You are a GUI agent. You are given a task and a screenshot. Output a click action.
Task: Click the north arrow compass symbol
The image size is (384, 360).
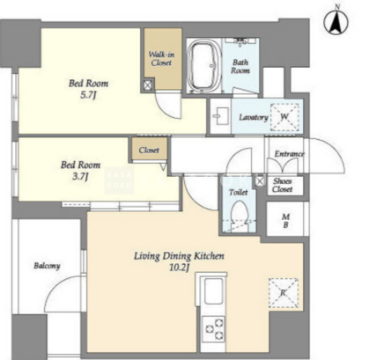click(336, 23)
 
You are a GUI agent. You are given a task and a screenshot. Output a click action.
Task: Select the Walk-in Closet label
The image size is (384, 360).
click(160, 58)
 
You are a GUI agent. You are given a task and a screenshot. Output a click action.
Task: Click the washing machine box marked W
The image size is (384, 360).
click(284, 117)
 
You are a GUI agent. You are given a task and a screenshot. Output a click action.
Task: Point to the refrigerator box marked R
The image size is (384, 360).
click(284, 293)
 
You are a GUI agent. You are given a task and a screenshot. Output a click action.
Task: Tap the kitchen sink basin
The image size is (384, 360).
click(213, 291)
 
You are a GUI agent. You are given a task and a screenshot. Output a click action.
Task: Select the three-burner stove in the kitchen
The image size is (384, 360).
click(213, 328)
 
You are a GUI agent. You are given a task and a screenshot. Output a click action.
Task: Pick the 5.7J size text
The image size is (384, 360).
click(88, 95)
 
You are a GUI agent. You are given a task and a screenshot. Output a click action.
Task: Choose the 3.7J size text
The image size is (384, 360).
click(80, 177)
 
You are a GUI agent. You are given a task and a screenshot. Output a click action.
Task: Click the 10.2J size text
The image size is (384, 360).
click(179, 268)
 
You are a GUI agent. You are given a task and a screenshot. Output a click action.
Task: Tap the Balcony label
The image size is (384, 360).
click(47, 266)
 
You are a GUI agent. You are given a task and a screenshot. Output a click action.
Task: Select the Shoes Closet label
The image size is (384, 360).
click(282, 185)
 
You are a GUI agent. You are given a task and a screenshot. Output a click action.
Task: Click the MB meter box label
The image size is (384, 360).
click(285, 221)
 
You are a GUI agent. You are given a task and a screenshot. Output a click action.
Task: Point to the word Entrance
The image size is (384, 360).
click(289, 154)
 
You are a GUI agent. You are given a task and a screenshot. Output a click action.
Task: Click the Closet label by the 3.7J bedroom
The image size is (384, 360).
click(149, 151)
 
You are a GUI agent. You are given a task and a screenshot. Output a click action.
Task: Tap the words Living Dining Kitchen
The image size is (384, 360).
click(179, 256)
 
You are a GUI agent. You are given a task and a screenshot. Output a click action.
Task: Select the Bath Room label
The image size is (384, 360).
click(240, 66)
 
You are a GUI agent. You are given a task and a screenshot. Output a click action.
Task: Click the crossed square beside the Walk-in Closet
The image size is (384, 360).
click(148, 84)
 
